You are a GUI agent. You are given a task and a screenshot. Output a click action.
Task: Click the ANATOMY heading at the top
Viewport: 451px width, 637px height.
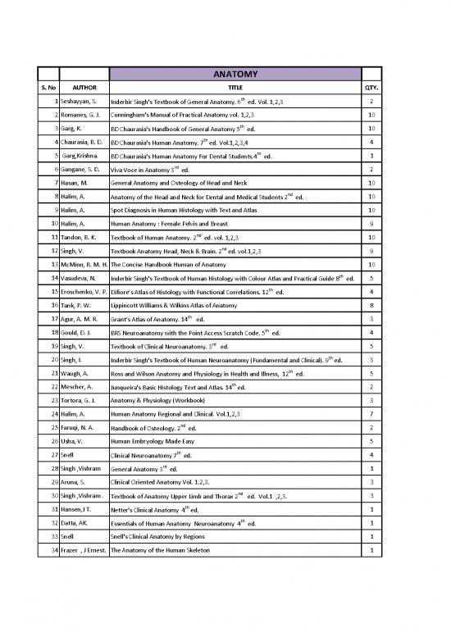235,75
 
